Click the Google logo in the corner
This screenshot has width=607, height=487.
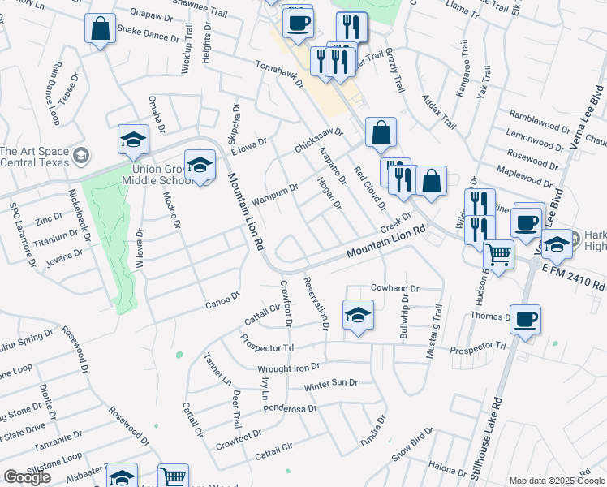(x=27, y=477)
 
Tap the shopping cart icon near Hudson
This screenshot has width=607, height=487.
(x=498, y=254)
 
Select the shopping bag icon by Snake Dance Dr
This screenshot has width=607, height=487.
(x=100, y=29)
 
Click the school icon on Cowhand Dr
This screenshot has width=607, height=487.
(x=358, y=314)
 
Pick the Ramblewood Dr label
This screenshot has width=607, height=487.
(x=540, y=114)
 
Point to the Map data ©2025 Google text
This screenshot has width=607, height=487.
(x=557, y=481)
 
